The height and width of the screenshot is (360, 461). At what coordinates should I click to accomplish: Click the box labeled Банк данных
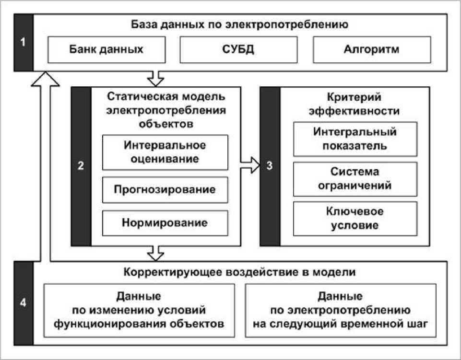106,50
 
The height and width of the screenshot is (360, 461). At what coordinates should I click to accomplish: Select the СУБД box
238,50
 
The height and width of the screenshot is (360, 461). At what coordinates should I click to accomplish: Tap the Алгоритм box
372,50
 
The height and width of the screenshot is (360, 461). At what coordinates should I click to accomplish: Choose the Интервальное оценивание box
165,152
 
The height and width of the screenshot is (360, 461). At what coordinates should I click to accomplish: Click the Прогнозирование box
165,190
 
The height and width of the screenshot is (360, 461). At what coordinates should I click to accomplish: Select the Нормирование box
165,223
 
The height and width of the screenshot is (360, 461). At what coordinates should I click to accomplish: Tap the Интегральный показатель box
355,139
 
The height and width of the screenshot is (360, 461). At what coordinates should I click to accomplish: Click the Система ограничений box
355,179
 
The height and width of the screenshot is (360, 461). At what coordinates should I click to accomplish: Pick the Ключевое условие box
355,219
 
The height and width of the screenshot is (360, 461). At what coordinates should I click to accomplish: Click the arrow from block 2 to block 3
250,165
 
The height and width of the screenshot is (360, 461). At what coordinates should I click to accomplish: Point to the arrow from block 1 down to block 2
155,79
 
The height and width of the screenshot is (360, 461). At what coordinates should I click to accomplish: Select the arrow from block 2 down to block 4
155,253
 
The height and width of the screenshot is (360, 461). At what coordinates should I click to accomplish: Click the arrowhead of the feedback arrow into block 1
45,79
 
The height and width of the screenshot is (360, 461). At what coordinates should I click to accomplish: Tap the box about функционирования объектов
139,310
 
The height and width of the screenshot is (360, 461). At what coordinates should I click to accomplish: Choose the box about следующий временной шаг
341,310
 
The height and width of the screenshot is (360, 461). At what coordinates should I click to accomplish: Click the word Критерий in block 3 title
354,97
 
